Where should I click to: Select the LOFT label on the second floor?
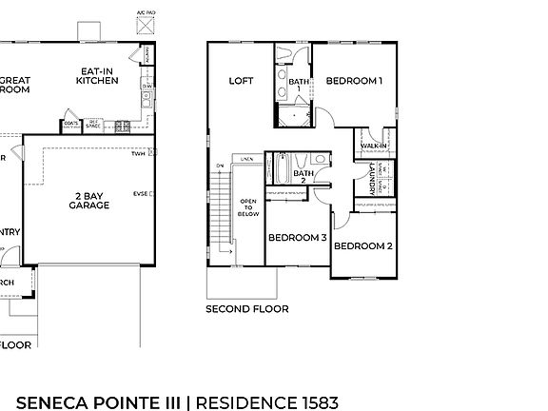coord(241,81)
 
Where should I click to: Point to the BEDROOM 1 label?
coord(353,81)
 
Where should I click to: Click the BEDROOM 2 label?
coord(362,245)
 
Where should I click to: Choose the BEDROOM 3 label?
coord(297,237)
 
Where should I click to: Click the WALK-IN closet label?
coord(374,146)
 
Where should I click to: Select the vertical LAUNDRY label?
coord(369,178)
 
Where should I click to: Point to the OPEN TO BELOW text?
coord(248,208)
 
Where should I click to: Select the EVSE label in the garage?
coord(139,193)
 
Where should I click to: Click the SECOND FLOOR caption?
coord(246,308)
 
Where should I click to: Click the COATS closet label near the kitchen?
coord(69,123)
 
